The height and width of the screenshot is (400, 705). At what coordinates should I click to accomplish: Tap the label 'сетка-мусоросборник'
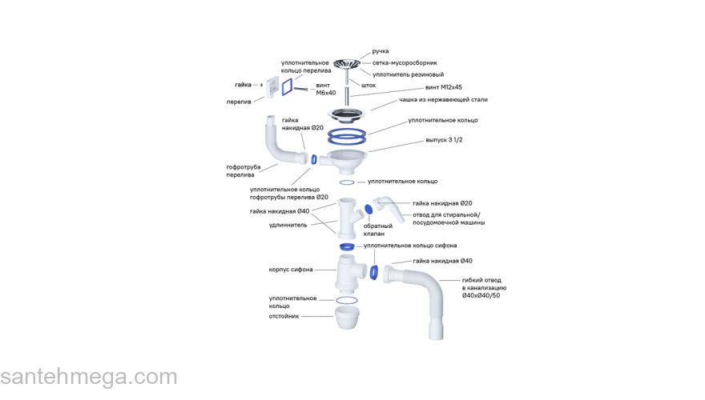(x=405, y=62)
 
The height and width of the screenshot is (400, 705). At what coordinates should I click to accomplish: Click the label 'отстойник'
(x=284, y=316)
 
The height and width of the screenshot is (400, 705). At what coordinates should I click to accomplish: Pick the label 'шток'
(x=369, y=85)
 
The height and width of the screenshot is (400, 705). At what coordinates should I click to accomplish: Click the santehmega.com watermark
(x=88, y=378)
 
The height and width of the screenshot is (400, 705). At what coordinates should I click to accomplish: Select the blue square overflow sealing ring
(x=288, y=84)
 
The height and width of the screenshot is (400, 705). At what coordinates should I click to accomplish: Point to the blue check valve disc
(x=369, y=210)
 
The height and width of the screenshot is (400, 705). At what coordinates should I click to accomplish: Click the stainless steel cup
(x=346, y=113)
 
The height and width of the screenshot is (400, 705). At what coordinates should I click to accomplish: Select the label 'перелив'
(x=241, y=102)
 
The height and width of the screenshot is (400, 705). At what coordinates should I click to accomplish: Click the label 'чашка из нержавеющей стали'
(x=444, y=100)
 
